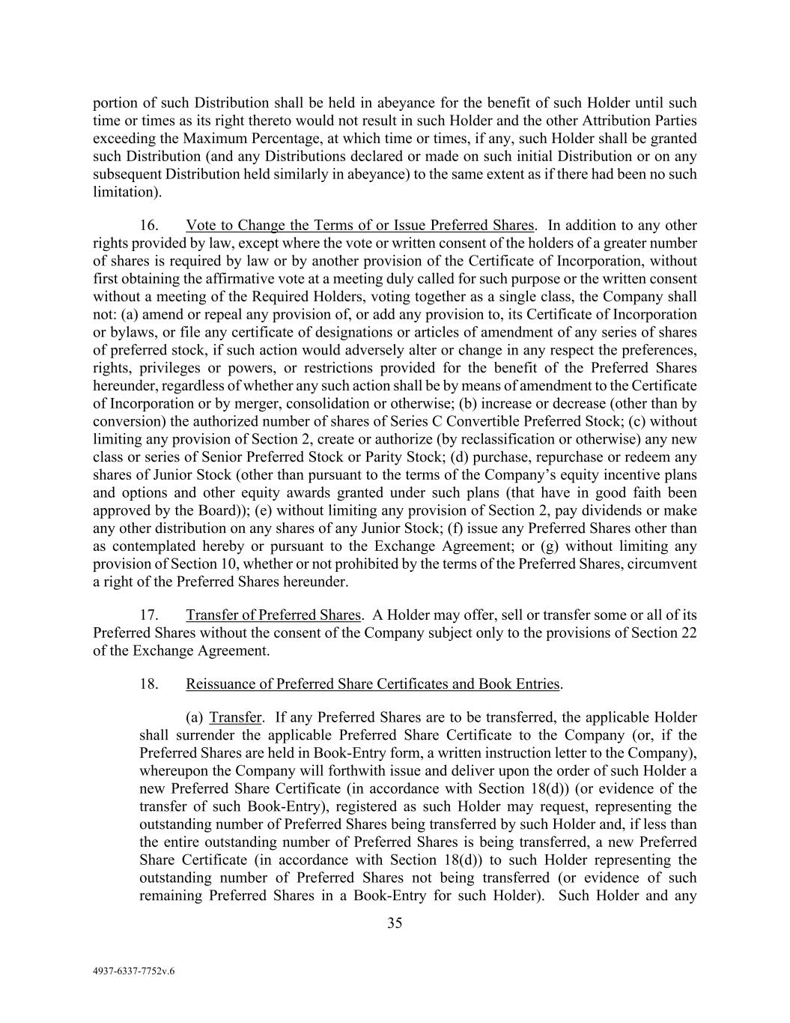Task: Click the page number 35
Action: tap(395, 923)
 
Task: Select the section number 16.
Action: tap(148, 226)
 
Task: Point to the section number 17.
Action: tap(148, 615)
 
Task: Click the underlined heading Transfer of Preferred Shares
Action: tap(273, 615)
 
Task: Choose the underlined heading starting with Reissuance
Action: tap(372, 684)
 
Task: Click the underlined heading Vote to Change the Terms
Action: tap(359, 226)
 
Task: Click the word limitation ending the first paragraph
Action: tap(124, 192)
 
